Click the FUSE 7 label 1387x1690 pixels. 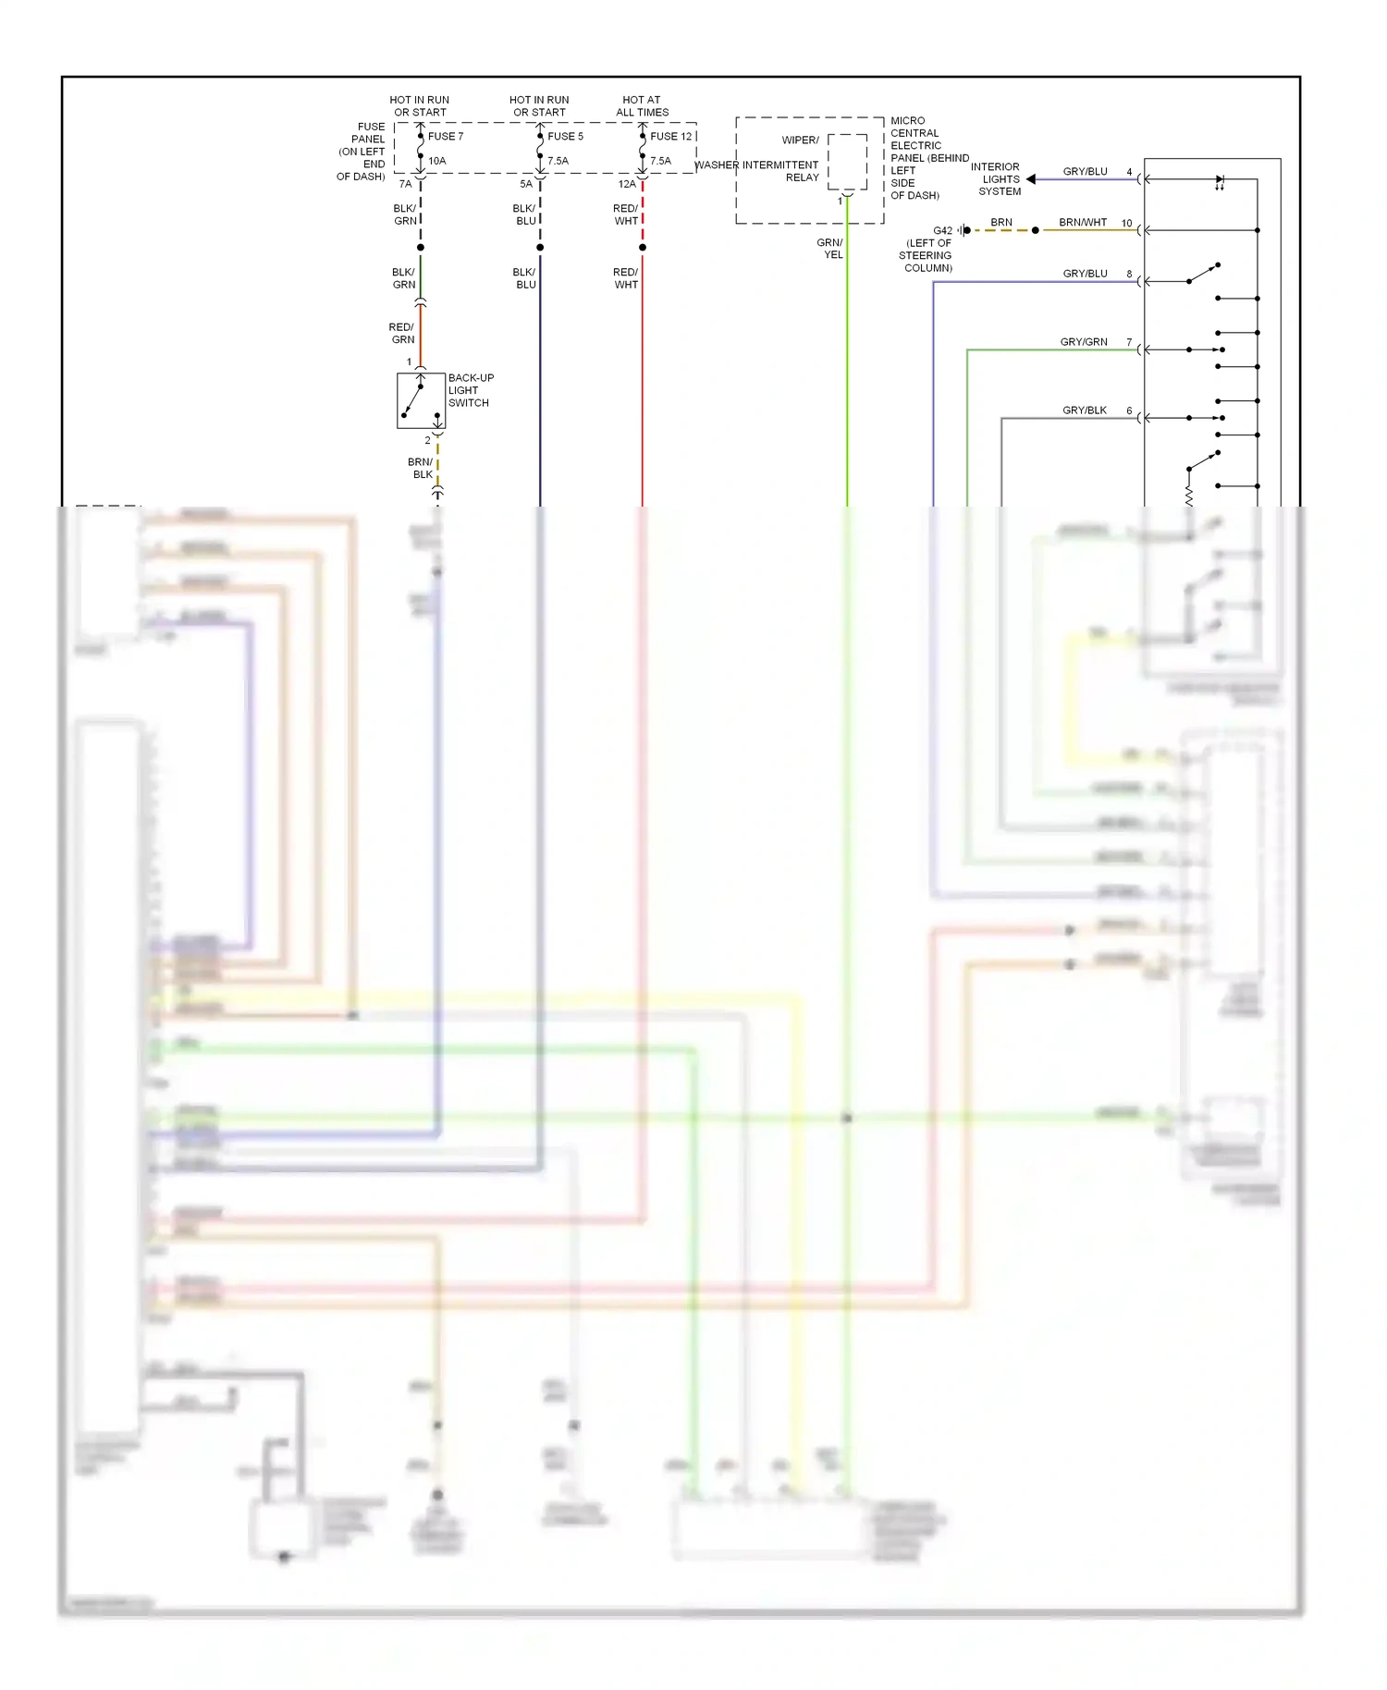tap(446, 136)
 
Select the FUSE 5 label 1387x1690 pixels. tap(565, 136)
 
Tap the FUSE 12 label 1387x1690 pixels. tap(670, 136)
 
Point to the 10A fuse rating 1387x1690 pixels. tap(437, 161)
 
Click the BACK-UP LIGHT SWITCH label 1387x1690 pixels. tap(471, 390)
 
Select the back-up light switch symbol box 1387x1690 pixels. tap(421, 400)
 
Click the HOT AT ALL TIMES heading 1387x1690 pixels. tap(642, 106)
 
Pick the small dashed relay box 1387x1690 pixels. tap(847, 162)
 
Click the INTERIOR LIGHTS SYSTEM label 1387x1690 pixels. tap(997, 179)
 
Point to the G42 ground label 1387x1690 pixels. tap(942, 230)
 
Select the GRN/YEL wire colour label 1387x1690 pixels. tap(830, 249)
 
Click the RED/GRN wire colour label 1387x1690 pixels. tap(402, 334)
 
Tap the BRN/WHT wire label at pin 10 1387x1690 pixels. tap(1083, 223)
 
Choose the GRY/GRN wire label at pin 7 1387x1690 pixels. tap(1084, 342)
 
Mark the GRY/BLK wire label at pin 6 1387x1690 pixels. tap(1085, 410)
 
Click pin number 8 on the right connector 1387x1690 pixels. tap(1129, 274)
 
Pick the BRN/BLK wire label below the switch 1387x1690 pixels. tap(421, 468)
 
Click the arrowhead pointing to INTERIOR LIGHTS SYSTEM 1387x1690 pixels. tap(1031, 179)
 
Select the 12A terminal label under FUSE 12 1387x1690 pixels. tap(627, 184)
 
